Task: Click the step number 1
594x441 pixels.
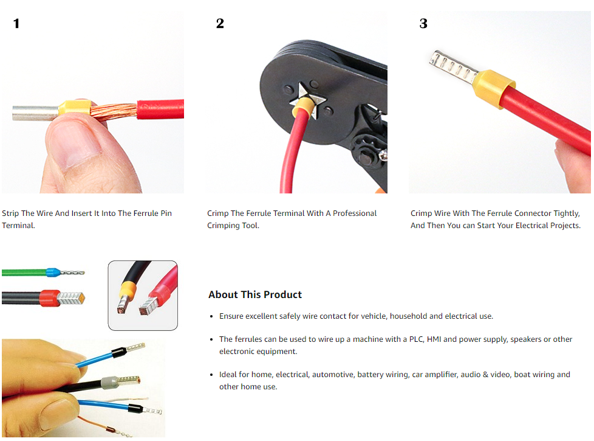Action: pyautogui.click(x=16, y=24)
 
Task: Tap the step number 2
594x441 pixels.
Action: pyautogui.click(x=220, y=24)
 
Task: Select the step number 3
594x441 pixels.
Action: pyautogui.click(x=423, y=24)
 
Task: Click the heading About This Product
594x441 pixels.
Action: pyautogui.click(x=255, y=294)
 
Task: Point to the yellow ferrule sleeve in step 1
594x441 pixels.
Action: pyautogui.click(x=75, y=108)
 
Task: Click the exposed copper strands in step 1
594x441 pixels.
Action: pyautogui.click(x=114, y=111)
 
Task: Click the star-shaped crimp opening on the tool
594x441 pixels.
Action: pyautogui.click(x=307, y=99)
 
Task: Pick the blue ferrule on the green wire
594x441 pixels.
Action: pyautogui.click(x=53, y=272)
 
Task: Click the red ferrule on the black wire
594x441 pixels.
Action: pyautogui.click(x=50, y=298)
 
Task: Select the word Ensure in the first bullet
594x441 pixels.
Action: pyautogui.click(x=231, y=316)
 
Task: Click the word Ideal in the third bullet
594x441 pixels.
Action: pyautogui.click(x=228, y=375)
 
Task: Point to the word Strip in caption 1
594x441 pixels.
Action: pyautogui.click(x=10, y=214)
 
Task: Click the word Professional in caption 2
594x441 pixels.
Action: pyautogui.click(x=355, y=214)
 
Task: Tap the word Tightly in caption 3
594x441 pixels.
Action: pyautogui.click(x=567, y=214)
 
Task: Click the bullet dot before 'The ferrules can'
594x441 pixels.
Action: pyautogui.click(x=211, y=339)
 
